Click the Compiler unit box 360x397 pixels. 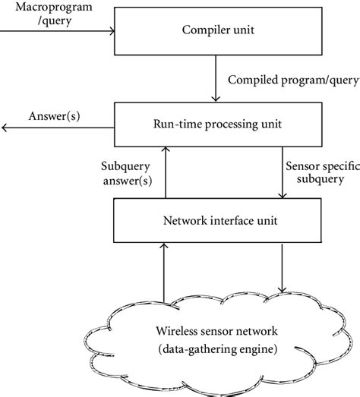pos(217,32)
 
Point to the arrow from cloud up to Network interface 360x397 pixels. pos(163,273)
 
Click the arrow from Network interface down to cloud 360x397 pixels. pos(283,269)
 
